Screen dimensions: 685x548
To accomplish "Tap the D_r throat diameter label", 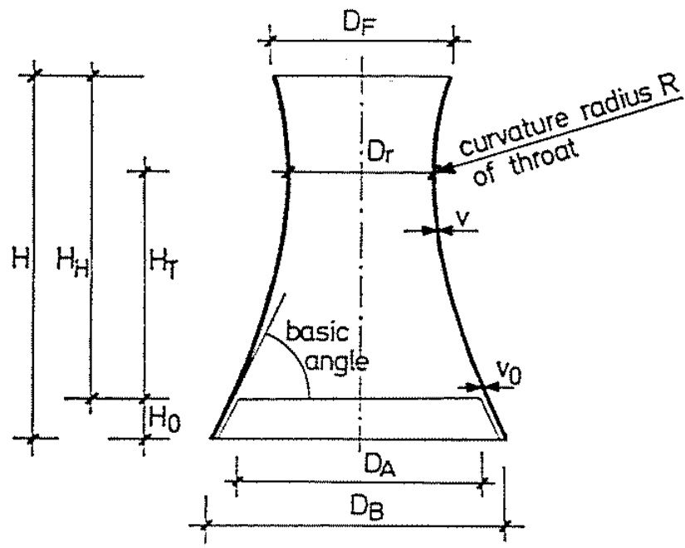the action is tap(378, 152).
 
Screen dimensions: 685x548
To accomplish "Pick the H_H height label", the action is tap(72, 262).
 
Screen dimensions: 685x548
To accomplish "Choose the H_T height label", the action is tap(164, 264).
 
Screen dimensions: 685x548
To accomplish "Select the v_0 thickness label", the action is tap(509, 373).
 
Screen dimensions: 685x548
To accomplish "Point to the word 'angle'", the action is tap(337, 363).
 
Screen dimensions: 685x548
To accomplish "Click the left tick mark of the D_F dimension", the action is tap(271, 41).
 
